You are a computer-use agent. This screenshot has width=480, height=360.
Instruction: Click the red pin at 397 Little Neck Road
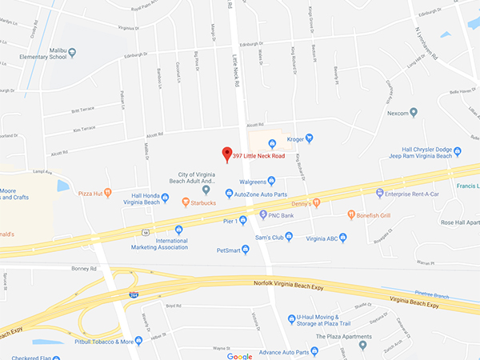point(226,154)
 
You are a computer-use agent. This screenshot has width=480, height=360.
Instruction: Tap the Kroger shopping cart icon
point(272,144)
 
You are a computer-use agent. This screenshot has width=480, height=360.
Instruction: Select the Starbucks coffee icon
point(186,202)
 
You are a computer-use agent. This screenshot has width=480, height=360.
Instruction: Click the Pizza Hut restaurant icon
point(109,193)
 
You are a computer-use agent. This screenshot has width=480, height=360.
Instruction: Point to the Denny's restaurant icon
point(317,203)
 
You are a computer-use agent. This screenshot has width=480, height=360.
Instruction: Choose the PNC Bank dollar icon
point(263,214)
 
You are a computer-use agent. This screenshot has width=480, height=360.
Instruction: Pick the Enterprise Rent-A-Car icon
point(380,193)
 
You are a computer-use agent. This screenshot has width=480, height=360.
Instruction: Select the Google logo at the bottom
point(239,355)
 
